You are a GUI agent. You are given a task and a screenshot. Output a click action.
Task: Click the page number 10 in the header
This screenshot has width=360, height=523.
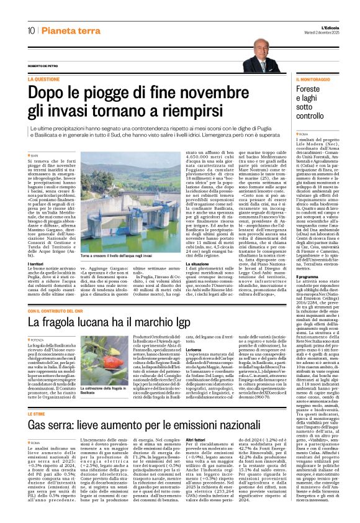(30, 30)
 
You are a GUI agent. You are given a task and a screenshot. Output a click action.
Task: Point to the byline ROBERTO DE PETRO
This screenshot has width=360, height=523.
(47, 67)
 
